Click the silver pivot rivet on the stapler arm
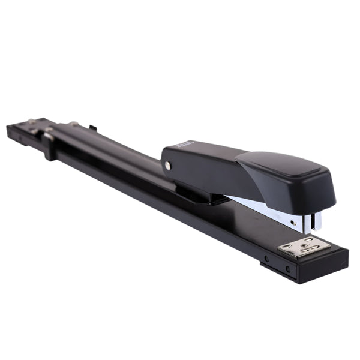pos(168,165)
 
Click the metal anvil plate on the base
pos(305,247)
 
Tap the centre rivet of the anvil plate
pos(305,246)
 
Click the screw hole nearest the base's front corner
pos(287,268)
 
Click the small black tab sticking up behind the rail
pos(92,127)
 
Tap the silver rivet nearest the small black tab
pos(74,124)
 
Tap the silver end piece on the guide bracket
pos(47,136)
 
